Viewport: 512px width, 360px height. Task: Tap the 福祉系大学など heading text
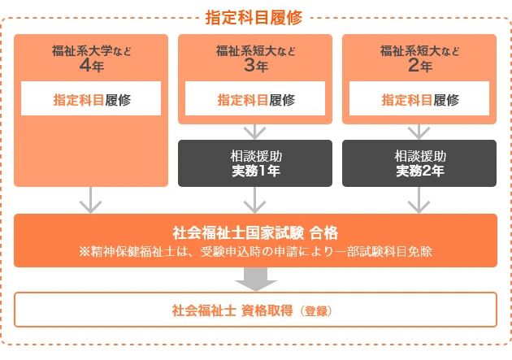90,51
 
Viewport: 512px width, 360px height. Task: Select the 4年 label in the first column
90,67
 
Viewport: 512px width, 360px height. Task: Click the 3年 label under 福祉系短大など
255,67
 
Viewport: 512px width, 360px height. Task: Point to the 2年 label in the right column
419,67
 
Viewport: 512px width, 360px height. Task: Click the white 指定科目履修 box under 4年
91,100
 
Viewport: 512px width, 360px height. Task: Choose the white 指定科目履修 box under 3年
255,100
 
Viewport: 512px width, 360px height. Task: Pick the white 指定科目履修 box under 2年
419,100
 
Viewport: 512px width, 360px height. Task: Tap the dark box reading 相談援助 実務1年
255,163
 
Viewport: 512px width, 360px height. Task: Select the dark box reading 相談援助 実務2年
419,163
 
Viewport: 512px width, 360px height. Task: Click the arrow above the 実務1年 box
255,131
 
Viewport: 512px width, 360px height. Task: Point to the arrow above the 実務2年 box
419,131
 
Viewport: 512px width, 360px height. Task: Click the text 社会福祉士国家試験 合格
255,232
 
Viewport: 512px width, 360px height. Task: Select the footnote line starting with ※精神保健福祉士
255,251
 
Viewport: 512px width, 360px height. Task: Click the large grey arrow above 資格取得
255,279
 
